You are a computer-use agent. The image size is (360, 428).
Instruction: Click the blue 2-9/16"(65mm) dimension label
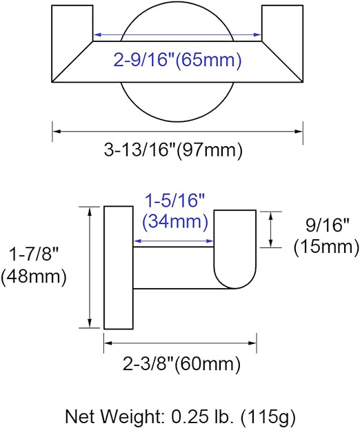click(177, 60)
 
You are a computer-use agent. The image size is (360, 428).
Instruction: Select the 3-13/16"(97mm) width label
click(173, 150)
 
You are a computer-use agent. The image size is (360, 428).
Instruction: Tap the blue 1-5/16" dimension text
click(174, 201)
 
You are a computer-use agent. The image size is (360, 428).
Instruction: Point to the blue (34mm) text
click(175, 221)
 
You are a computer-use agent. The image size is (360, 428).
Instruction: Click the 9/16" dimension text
click(328, 225)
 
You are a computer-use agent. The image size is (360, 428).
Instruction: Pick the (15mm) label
click(326, 247)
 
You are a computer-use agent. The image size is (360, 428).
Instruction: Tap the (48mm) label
click(34, 276)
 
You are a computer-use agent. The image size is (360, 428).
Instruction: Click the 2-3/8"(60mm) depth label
click(181, 364)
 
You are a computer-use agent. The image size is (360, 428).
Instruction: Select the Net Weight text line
click(180, 417)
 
